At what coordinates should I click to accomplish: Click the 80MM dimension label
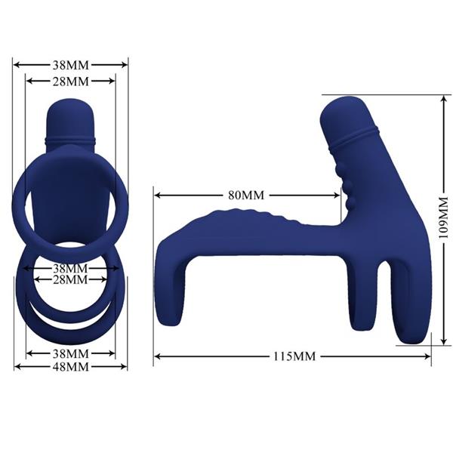point(246,195)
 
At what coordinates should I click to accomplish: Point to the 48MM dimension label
point(71,367)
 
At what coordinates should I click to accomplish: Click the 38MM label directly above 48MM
point(71,353)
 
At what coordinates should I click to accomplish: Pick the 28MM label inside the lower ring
point(71,280)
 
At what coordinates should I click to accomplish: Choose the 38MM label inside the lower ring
point(71,268)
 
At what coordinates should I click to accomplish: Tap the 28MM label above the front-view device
point(71,81)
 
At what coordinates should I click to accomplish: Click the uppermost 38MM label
point(71,65)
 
